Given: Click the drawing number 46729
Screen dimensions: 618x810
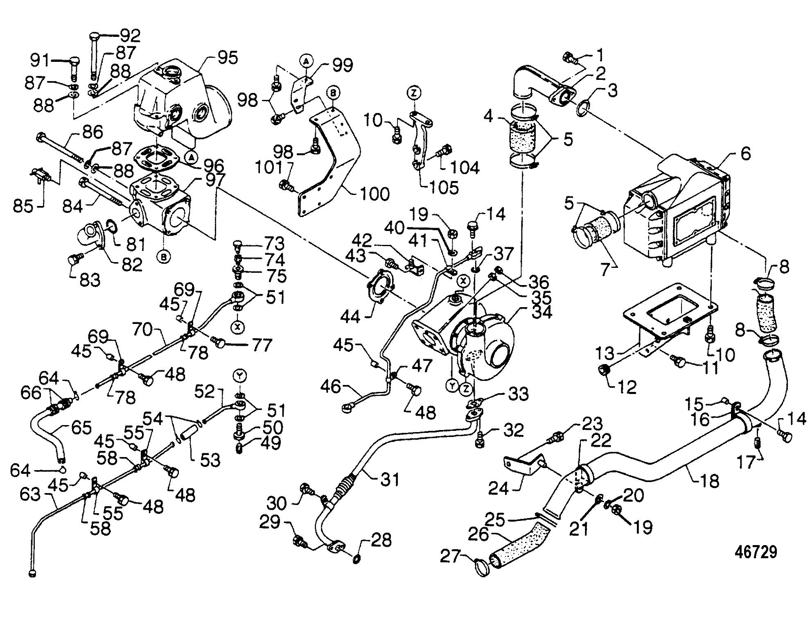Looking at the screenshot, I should (756, 552).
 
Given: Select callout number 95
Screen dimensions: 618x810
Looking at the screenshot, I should (227, 58).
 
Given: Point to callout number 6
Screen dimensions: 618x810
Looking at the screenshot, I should (746, 154).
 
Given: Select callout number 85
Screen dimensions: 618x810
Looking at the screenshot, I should (23, 206).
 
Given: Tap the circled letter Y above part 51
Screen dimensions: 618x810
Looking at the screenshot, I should (239, 375).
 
